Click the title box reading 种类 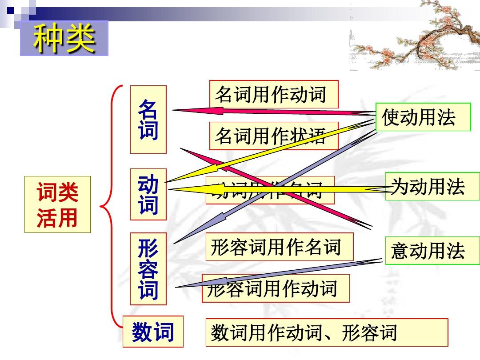(x=64, y=38)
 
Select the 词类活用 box (x=57, y=204)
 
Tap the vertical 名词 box (x=148, y=120)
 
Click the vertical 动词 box (x=148, y=194)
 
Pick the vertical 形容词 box (x=148, y=268)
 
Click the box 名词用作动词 (x=273, y=94)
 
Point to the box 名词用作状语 (x=273, y=136)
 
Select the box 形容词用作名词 (x=279, y=247)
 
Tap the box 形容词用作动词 (x=276, y=288)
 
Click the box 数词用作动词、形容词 (x=326, y=332)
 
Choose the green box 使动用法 (x=423, y=117)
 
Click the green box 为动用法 (x=432, y=186)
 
